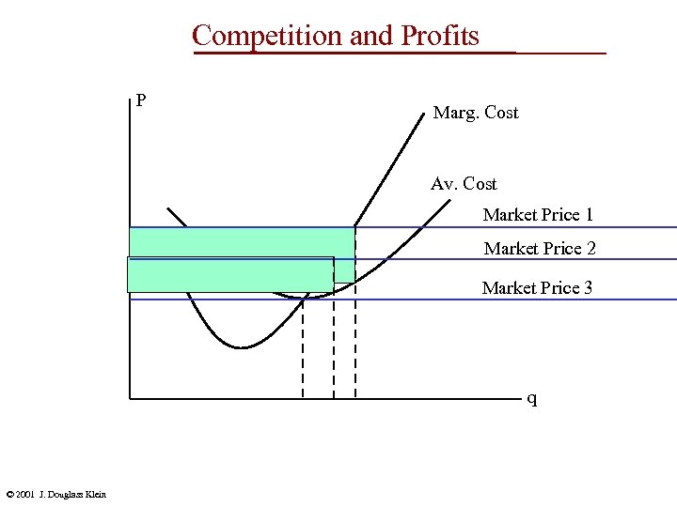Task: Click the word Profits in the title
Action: click(x=440, y=36)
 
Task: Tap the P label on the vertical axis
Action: click(x=140, y=100)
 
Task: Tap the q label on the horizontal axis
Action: click(x=532, y=399)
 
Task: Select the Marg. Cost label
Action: click(x=475, y=113)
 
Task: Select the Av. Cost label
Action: click(x=464, y=184)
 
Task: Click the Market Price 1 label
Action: click(x=538, y=215)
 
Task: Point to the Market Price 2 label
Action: click(x=539, y=249)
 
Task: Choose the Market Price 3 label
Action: click(x=537, y=288)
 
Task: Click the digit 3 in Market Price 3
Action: click(x=588, y=288)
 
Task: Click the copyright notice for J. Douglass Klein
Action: click(x=55, y=495)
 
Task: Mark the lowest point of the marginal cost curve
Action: click(x=243, y=347)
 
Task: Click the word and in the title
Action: click(x=372, y=36)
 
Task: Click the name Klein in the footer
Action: click(x=95, y=495)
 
